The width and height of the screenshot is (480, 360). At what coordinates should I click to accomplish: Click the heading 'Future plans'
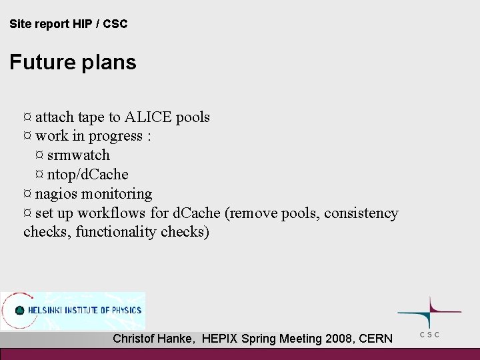pos(73,62)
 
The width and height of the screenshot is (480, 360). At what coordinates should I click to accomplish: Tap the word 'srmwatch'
pos(79,155)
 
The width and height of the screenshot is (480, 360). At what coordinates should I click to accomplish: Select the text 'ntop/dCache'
pos(88,174)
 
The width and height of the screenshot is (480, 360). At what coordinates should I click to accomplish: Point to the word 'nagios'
pos(57,194)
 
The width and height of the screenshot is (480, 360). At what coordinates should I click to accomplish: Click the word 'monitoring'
pos(117,194)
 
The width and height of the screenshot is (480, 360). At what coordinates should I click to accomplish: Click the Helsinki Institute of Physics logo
pos(73,311)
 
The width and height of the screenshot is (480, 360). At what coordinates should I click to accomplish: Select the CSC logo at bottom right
pos(429,313)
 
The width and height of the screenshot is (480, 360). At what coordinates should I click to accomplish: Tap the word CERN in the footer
pos(375,339)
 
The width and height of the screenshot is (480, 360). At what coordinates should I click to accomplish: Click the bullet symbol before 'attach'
pos(27,117)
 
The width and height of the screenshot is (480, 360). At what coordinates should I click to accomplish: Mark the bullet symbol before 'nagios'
pos(27,194)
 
